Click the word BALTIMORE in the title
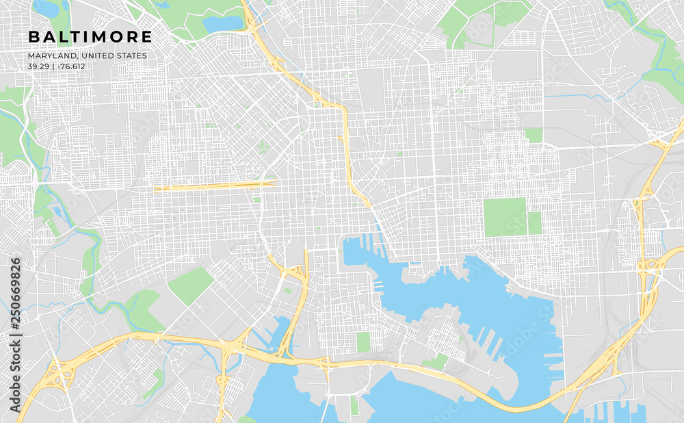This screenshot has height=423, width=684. tap(90, 36)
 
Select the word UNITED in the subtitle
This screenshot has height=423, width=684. tap(96, 55)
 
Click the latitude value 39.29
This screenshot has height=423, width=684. tap(38, 66)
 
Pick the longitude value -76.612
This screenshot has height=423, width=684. tap(72, 66)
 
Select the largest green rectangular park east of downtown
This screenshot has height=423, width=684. tap(505, 217)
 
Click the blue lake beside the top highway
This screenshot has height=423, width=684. tap(222, 24)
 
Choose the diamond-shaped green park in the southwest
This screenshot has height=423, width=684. tap(190, 285)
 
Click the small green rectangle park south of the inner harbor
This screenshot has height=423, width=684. tap(363, 342)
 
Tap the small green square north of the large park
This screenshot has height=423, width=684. tap(533, 135)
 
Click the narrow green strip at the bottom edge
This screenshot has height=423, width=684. tap(354, 405)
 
